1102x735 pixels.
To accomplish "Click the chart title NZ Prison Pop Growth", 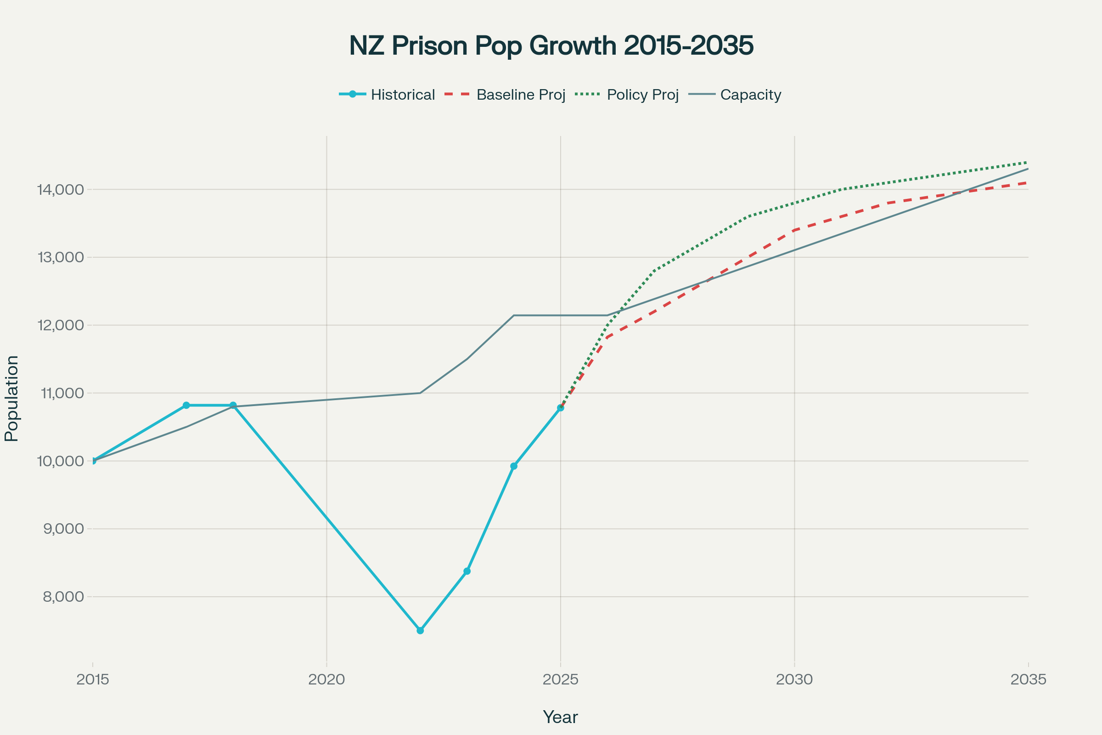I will [x=551, y=45].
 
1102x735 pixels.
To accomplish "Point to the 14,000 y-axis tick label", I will [x=61, y=190].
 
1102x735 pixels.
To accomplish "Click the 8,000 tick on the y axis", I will [x=63, y=597].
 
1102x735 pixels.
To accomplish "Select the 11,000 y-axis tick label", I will [x=62, y=393].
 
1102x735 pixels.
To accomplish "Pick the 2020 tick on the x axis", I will [x=326, y=679].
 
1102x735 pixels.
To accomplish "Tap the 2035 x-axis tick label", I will [x=1029, y=679].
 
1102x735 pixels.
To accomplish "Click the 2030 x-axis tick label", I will [x=795, y=679].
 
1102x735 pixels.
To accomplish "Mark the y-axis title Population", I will [x=11, y=398].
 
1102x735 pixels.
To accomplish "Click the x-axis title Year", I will [x=560, y=717].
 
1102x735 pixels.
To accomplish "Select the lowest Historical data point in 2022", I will [x=420, y=630].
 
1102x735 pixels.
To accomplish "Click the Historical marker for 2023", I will [x=467, y=571].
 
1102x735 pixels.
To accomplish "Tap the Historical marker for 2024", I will [x=514, y=466].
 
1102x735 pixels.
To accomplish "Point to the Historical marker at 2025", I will [x=560, y=408].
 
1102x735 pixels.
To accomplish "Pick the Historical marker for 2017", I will [x=186, y=405].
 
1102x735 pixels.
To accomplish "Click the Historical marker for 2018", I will [x=233, y=405].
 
